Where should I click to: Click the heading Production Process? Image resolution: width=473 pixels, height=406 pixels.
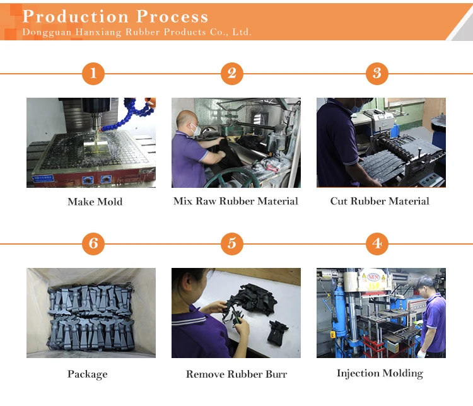point(115,16)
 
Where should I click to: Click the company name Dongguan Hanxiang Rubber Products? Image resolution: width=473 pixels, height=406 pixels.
point(136,32)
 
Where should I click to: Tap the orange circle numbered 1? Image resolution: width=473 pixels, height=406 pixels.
point(93,74)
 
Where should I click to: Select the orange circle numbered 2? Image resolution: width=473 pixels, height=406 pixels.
point(232,74)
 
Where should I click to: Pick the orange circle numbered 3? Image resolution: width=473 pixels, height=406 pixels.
point(377,74)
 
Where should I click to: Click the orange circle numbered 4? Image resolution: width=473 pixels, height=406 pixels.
point(377,243)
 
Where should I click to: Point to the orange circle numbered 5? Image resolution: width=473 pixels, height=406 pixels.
point(232,243)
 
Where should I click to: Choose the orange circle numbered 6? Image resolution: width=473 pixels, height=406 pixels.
point(93,243)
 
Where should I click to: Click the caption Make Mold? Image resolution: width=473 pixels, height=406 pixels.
point(95,202)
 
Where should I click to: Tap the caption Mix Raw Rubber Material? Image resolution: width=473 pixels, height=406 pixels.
point(236,201)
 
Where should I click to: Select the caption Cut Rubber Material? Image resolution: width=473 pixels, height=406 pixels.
point(380,201)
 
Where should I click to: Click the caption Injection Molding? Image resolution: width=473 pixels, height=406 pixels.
point(380,373)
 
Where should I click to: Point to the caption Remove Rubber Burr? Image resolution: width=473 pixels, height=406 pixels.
point(237,374)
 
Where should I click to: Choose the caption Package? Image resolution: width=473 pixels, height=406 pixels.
point(88,374)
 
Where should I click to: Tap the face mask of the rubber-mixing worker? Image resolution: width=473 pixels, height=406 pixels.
point(196,130)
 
